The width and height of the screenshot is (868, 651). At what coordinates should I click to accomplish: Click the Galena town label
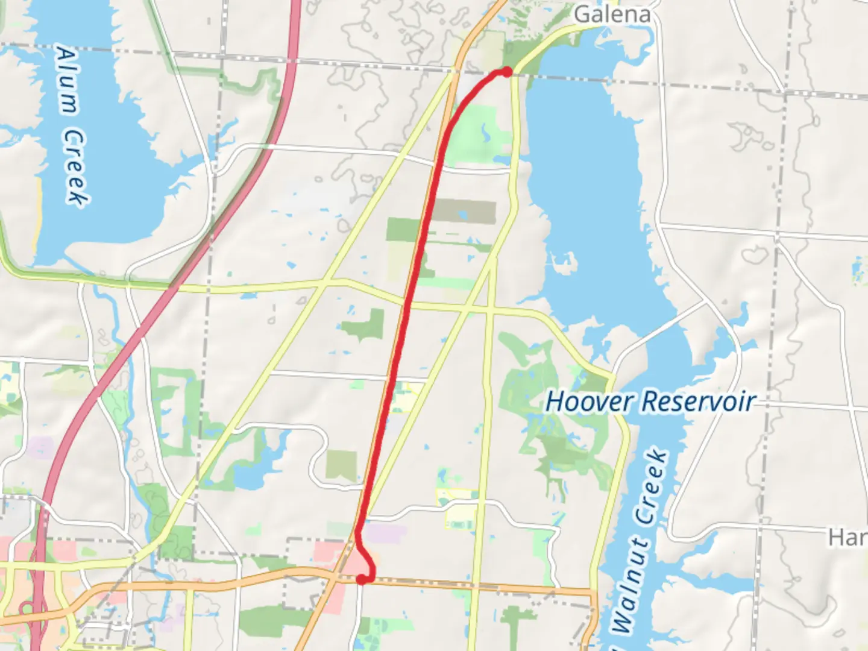[612, 14]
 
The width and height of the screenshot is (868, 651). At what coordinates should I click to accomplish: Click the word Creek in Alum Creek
[77, 166]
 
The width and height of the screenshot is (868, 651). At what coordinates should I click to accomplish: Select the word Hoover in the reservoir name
[589, 401]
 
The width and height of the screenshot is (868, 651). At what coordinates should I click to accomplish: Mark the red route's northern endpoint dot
[507, 72]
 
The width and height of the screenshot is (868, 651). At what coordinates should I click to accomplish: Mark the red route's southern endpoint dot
[362, 579]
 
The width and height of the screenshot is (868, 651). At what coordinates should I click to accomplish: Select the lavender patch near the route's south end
[386, 533]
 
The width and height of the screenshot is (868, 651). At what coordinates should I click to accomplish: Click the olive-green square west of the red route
[341, 465]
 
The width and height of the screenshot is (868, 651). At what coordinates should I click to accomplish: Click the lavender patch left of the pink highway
[40, 447]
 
